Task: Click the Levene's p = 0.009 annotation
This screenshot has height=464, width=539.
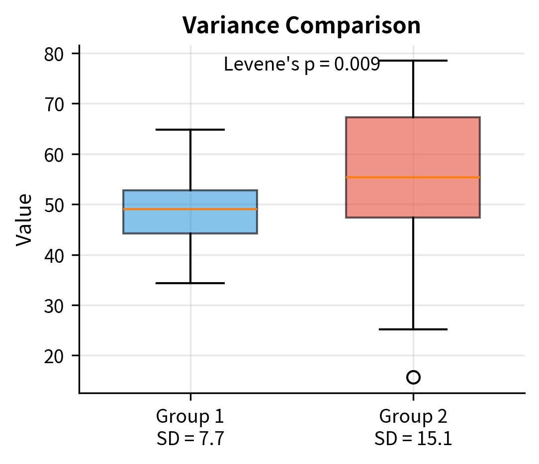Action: click(x=301, y=65)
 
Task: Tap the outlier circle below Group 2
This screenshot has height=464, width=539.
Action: click(x=413, y=378)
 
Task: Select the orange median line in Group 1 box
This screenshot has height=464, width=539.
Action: click(x=190, y=209)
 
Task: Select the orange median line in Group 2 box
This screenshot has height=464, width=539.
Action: click(x=413, y=177)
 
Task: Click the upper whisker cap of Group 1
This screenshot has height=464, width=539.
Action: click(x=190, y=130)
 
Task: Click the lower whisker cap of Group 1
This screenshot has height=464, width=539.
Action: click(x=190, y=283)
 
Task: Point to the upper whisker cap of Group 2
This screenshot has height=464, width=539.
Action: click(x=413, y=61)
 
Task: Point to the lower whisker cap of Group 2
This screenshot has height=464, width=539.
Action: click(x=413, y=329)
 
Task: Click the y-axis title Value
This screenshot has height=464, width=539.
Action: click(x=24, y=220)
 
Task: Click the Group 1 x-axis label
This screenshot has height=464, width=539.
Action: click(x=190, y=416)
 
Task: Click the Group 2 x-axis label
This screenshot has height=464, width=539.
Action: click(x=413, y=416)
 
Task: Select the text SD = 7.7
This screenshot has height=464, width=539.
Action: click(x=190, y=439)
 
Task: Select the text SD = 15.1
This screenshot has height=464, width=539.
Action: click(x=413, y=439)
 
